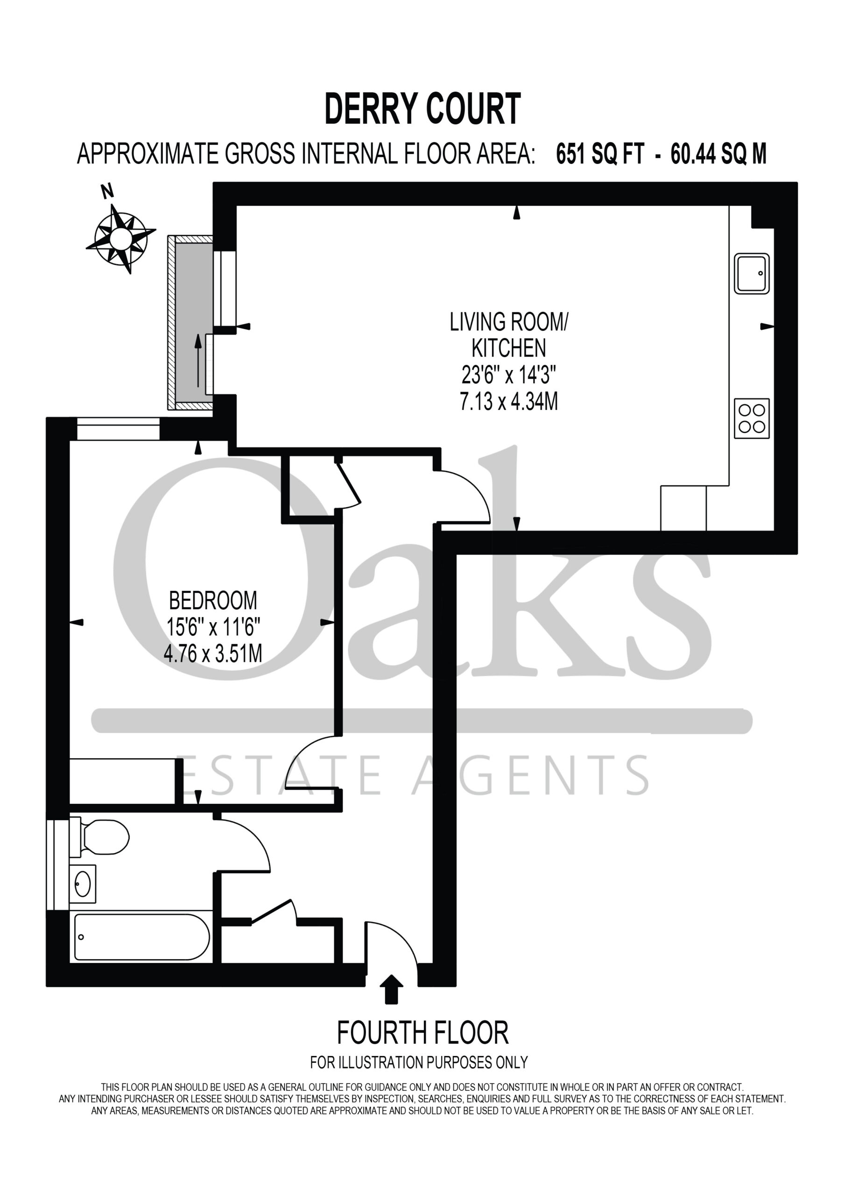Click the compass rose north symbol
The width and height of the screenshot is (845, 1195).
121,239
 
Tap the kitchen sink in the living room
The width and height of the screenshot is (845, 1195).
752,273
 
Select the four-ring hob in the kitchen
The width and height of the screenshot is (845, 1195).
752,418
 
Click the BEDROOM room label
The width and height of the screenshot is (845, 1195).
213,601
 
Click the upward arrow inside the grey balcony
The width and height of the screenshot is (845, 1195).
198,360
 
